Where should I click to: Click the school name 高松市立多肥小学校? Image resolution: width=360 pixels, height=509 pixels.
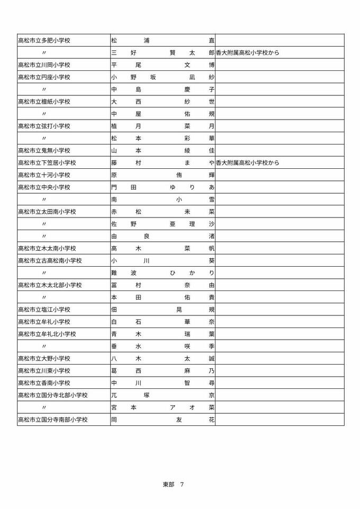coord(44,40)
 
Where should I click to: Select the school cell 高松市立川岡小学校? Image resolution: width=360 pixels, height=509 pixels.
coord(44,65)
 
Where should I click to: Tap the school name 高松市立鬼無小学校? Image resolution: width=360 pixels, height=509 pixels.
coord(44,151)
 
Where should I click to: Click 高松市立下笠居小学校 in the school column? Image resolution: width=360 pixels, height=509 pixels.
coord(47,163)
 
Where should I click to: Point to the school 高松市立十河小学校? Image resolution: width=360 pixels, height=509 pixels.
coord(44,175)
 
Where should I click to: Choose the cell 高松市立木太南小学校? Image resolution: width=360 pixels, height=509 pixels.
coord(47,249)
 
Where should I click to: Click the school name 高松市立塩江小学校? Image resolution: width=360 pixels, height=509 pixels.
coord(44,310)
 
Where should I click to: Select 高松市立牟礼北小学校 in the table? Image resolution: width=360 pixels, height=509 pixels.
coord(47,334)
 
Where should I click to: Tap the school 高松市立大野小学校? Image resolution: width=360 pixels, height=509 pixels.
coord(44,359)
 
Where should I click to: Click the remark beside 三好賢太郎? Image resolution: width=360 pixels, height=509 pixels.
coord(248,53)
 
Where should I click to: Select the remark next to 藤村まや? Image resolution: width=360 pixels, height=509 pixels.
coord(248,163)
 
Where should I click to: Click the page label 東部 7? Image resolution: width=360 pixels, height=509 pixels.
coord(173,484)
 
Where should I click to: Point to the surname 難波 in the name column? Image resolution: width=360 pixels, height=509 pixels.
coord(124,273)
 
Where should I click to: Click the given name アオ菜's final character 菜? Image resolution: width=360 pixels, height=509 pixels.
coord(211,407)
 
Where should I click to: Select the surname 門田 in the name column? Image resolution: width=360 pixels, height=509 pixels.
coord(124,187)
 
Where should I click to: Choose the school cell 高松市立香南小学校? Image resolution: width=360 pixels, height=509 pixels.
coord(44,383)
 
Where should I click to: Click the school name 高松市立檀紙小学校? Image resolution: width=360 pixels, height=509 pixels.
coord(44,102)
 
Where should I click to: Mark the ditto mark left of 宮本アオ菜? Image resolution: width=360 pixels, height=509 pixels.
coord(44,407)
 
